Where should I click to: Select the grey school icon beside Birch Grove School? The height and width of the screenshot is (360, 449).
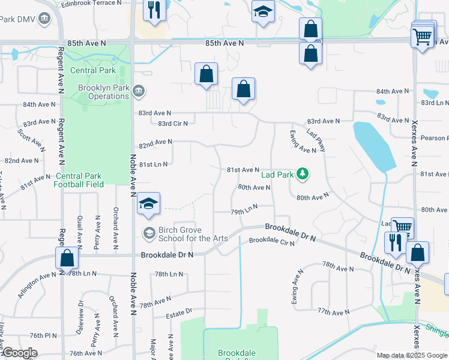pos(148,232)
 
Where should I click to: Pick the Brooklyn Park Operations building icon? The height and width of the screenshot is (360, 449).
pos(139,91)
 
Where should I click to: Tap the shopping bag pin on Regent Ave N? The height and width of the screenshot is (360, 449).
pos(67,258)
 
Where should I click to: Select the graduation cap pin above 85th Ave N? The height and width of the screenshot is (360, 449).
pos(263,12)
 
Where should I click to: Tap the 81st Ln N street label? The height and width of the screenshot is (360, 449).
pos(153,164)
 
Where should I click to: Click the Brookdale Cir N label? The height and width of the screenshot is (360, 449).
pos(272,241)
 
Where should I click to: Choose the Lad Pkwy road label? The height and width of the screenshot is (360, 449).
pos(315,140)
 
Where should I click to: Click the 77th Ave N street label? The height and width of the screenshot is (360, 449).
pos(333,312)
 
